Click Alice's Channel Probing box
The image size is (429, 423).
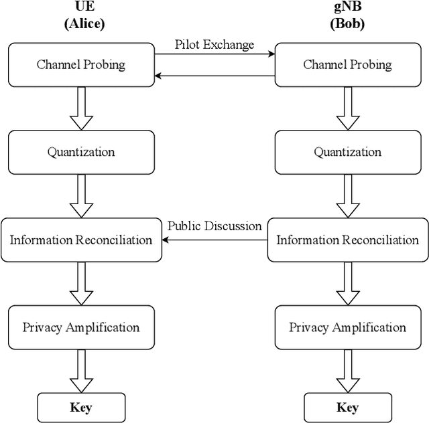click(x=81, y=65)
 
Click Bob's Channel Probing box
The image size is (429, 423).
click(x=347, y=65)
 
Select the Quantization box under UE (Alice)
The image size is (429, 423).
click(x=81, y=152)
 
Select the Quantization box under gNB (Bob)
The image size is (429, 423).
click(x=347, y=152)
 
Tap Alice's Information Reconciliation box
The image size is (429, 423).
click(x=81, y=240)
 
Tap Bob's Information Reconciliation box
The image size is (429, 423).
click(x=347, y=240)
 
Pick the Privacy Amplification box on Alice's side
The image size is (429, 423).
click(x=81, y=327)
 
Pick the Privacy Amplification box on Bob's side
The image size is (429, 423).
click(x=347, y=327)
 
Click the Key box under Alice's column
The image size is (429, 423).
click(x=81, y=407)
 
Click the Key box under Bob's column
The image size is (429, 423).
click(x=347, y=407)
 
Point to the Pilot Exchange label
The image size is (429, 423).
click(x=214, y=45)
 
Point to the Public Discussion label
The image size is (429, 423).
click(x=214, y=226)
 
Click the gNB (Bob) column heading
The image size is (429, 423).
click(x=347, y=16)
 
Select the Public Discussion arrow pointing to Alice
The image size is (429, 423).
click(x=214, y=240)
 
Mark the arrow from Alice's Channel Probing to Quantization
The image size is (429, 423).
click(x=81, y=108)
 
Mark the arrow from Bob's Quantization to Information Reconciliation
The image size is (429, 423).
click(x=347, y=195)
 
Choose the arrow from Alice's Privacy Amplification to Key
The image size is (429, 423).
click(x=81, y=371)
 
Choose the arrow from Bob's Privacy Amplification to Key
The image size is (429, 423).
click(x=347, y=371)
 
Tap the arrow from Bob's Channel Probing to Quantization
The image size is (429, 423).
click(x=347, y=108)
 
